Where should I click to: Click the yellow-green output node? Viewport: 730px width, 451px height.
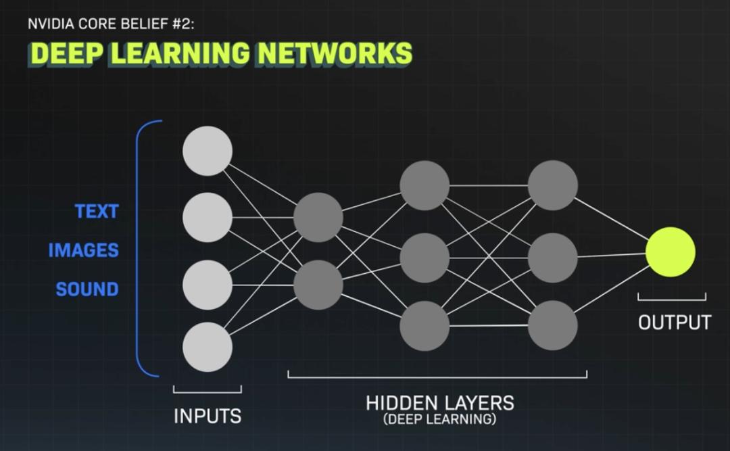[670, 252]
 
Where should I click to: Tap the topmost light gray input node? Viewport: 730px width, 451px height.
[208, 151]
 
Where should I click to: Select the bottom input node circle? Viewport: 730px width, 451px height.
[208, 347]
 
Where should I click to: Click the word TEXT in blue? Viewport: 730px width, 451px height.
[97, 212]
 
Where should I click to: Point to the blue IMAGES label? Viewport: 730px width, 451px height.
[83, 250]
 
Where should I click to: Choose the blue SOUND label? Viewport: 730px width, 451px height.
[87, 289]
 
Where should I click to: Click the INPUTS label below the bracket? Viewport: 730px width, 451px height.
[208, 416]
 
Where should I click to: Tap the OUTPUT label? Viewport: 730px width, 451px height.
[675, 323]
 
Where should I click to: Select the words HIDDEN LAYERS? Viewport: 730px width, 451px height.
[440, 404]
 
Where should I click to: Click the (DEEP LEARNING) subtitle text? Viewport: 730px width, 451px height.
[439, 419]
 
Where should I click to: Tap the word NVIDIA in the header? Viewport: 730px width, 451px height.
[48, 25]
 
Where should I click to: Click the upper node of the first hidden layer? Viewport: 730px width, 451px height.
[318, 217]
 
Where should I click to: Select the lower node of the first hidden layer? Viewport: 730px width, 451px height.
[318, 285]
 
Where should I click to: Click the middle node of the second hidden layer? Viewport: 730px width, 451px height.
[424, 257]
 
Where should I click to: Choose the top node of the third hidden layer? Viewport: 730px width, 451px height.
[553, 185]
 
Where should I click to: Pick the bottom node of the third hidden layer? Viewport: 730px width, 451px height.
[553, 325]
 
